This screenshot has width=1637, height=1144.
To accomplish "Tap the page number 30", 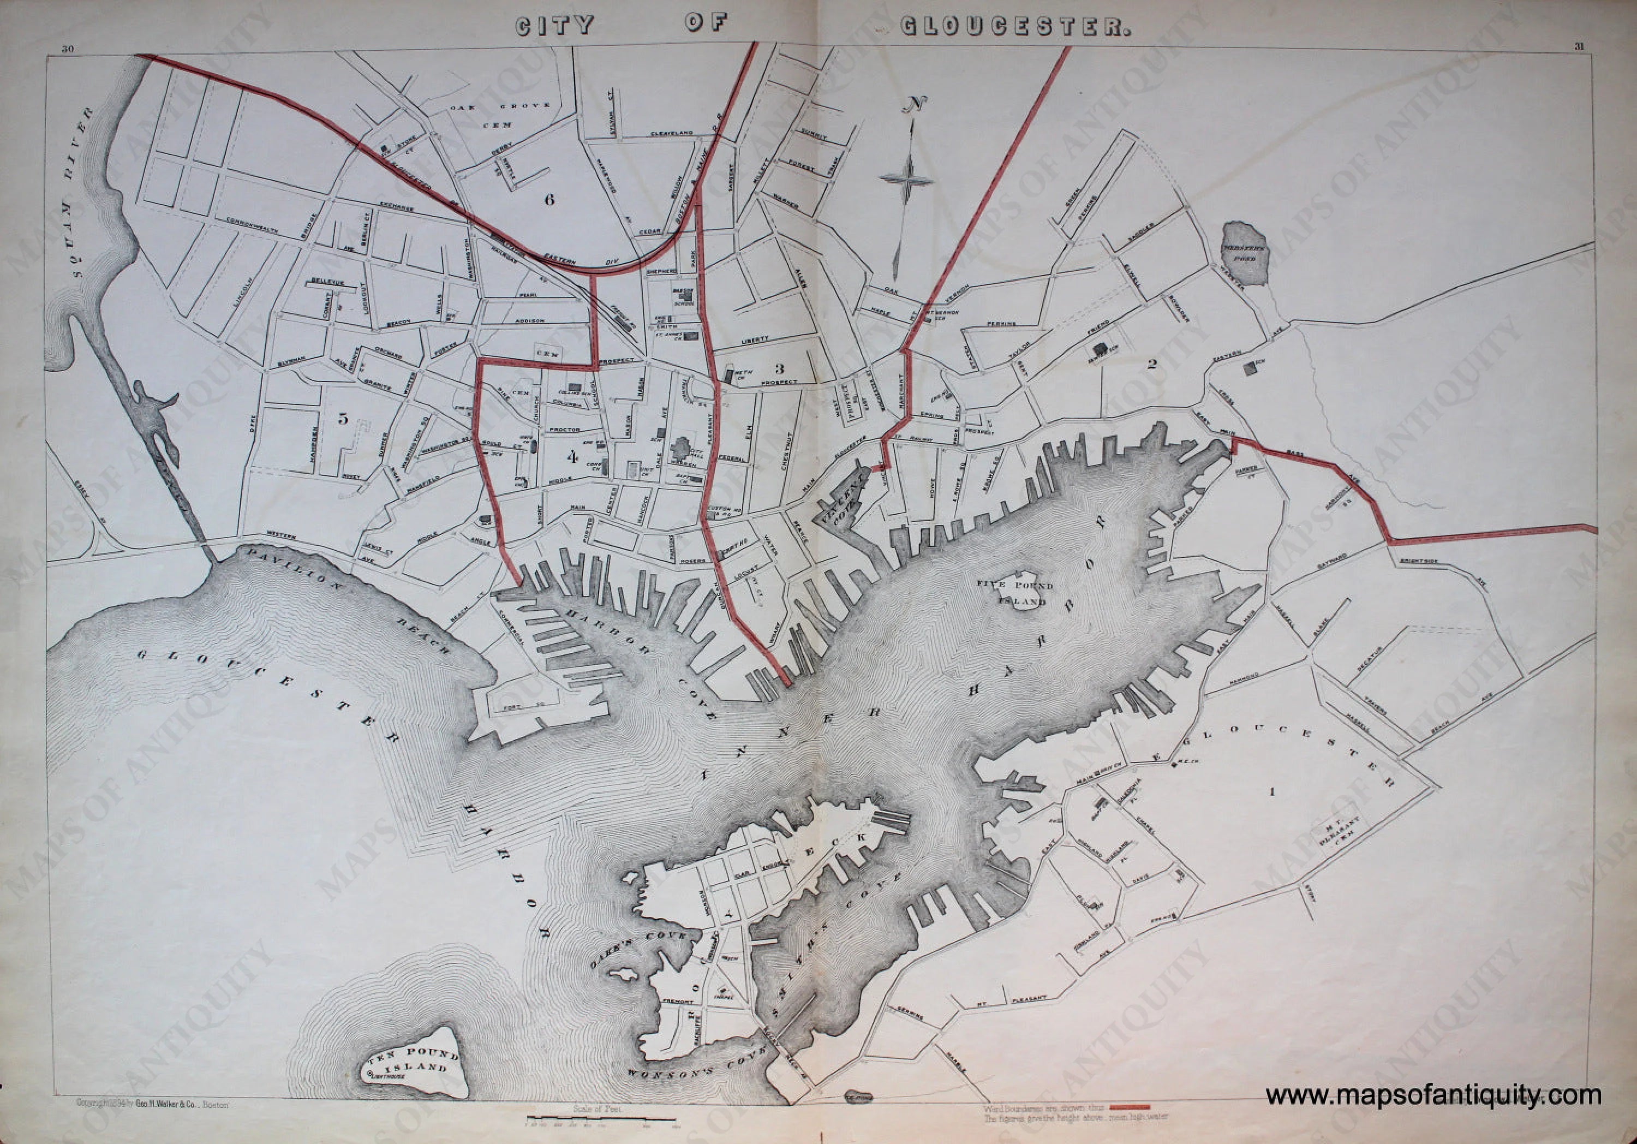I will tap(68, 49).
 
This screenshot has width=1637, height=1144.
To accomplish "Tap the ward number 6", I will tap(548, 200).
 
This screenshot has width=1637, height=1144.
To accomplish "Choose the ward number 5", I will tap(343, 419).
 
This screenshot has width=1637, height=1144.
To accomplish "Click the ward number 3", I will tap(779, 369).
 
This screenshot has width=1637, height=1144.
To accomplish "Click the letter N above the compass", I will tap(912, 104).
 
